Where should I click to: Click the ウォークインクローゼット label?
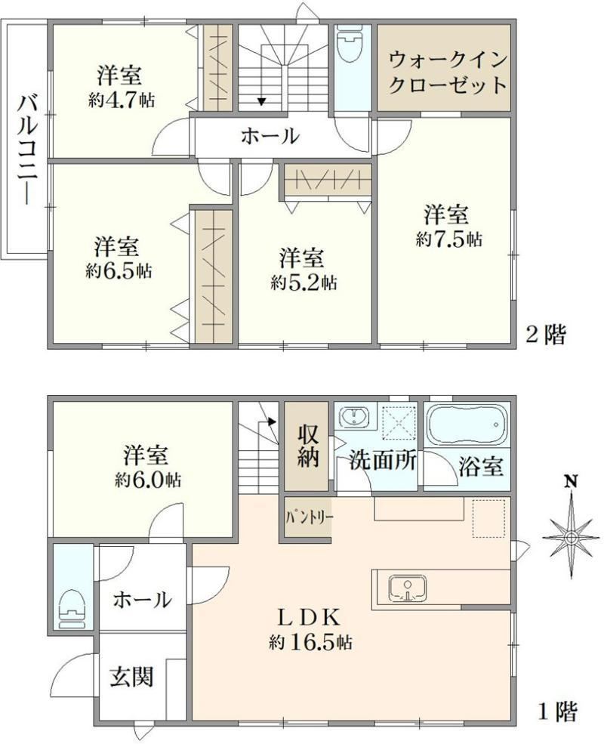click(x=448, y=73)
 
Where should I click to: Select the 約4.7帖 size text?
click(x=121, y=100)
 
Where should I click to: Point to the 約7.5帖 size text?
click(x=448, y=239)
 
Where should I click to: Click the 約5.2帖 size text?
click(x=304, y=282)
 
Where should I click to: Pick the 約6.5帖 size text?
click(x=119, y=271)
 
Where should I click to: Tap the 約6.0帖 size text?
click(x=147, y=480)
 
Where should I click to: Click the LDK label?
click(x=309, y=619)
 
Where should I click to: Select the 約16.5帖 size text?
click(x=310, y=643)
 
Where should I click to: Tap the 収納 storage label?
click(x=308, y=446)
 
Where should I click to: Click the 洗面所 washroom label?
click(x=383, y=460)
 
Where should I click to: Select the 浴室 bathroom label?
click(x=481, y=467)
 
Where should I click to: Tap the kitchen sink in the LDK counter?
click(x=407, y=588)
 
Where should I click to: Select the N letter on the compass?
click(x=572, y=482)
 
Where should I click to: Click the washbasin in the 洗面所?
click(x=353, y=416)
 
